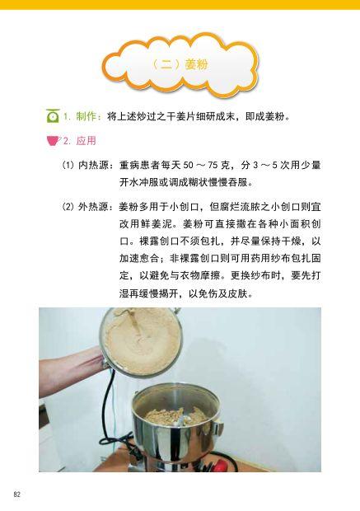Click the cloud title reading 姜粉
(x=179, y=63)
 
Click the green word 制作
(x=88, y=117)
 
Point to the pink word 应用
(x=86, y=140)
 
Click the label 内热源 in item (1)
(x=95, y=165)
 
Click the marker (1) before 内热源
(x=68, y=165)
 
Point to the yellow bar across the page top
(x=180, y=5)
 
